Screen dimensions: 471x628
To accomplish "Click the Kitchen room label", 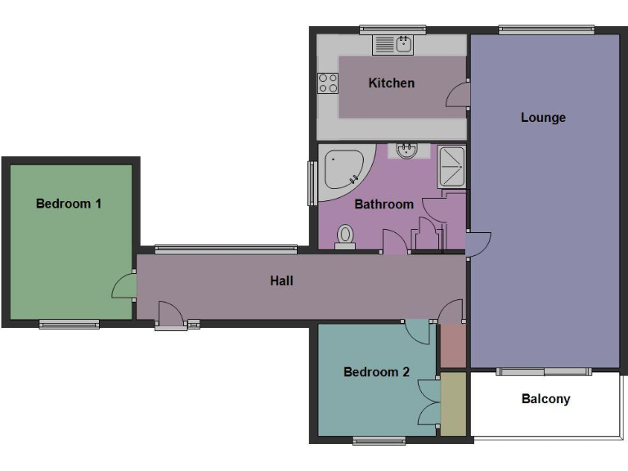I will pos(391,83).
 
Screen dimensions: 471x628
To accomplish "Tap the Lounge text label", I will pos(543,118).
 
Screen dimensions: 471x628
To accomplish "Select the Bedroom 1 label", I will pos(69,204).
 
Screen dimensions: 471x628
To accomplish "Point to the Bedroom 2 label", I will pos(376,372).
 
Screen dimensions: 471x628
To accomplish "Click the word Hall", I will pos(281,280).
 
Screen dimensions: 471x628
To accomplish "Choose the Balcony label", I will pos(545,399).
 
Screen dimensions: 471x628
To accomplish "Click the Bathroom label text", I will pos(384,204).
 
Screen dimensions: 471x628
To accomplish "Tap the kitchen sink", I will pos(395,44).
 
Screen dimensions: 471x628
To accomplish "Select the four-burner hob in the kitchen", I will pos(328,83).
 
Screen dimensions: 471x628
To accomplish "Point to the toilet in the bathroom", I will pos(345,236).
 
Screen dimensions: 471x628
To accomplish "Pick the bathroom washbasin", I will pos(407,150).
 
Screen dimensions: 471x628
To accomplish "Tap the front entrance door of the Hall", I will pos(170,315).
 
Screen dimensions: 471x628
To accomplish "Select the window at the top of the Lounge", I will pos(545,31).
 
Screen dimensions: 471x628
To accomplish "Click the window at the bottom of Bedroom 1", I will pos(69,325).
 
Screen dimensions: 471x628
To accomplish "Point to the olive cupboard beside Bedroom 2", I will pos(452,404).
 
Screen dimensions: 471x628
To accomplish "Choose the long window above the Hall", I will pos(226,249).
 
